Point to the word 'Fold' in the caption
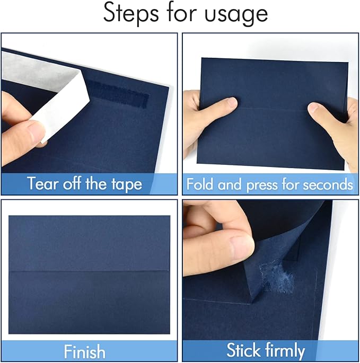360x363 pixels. [201, 184]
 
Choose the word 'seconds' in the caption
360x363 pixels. [328, 184]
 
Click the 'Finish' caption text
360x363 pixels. [85, 352]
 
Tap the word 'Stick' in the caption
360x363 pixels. [245, 351]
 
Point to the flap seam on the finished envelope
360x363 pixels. [89, 271]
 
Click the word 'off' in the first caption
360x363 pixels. [76, 184]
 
